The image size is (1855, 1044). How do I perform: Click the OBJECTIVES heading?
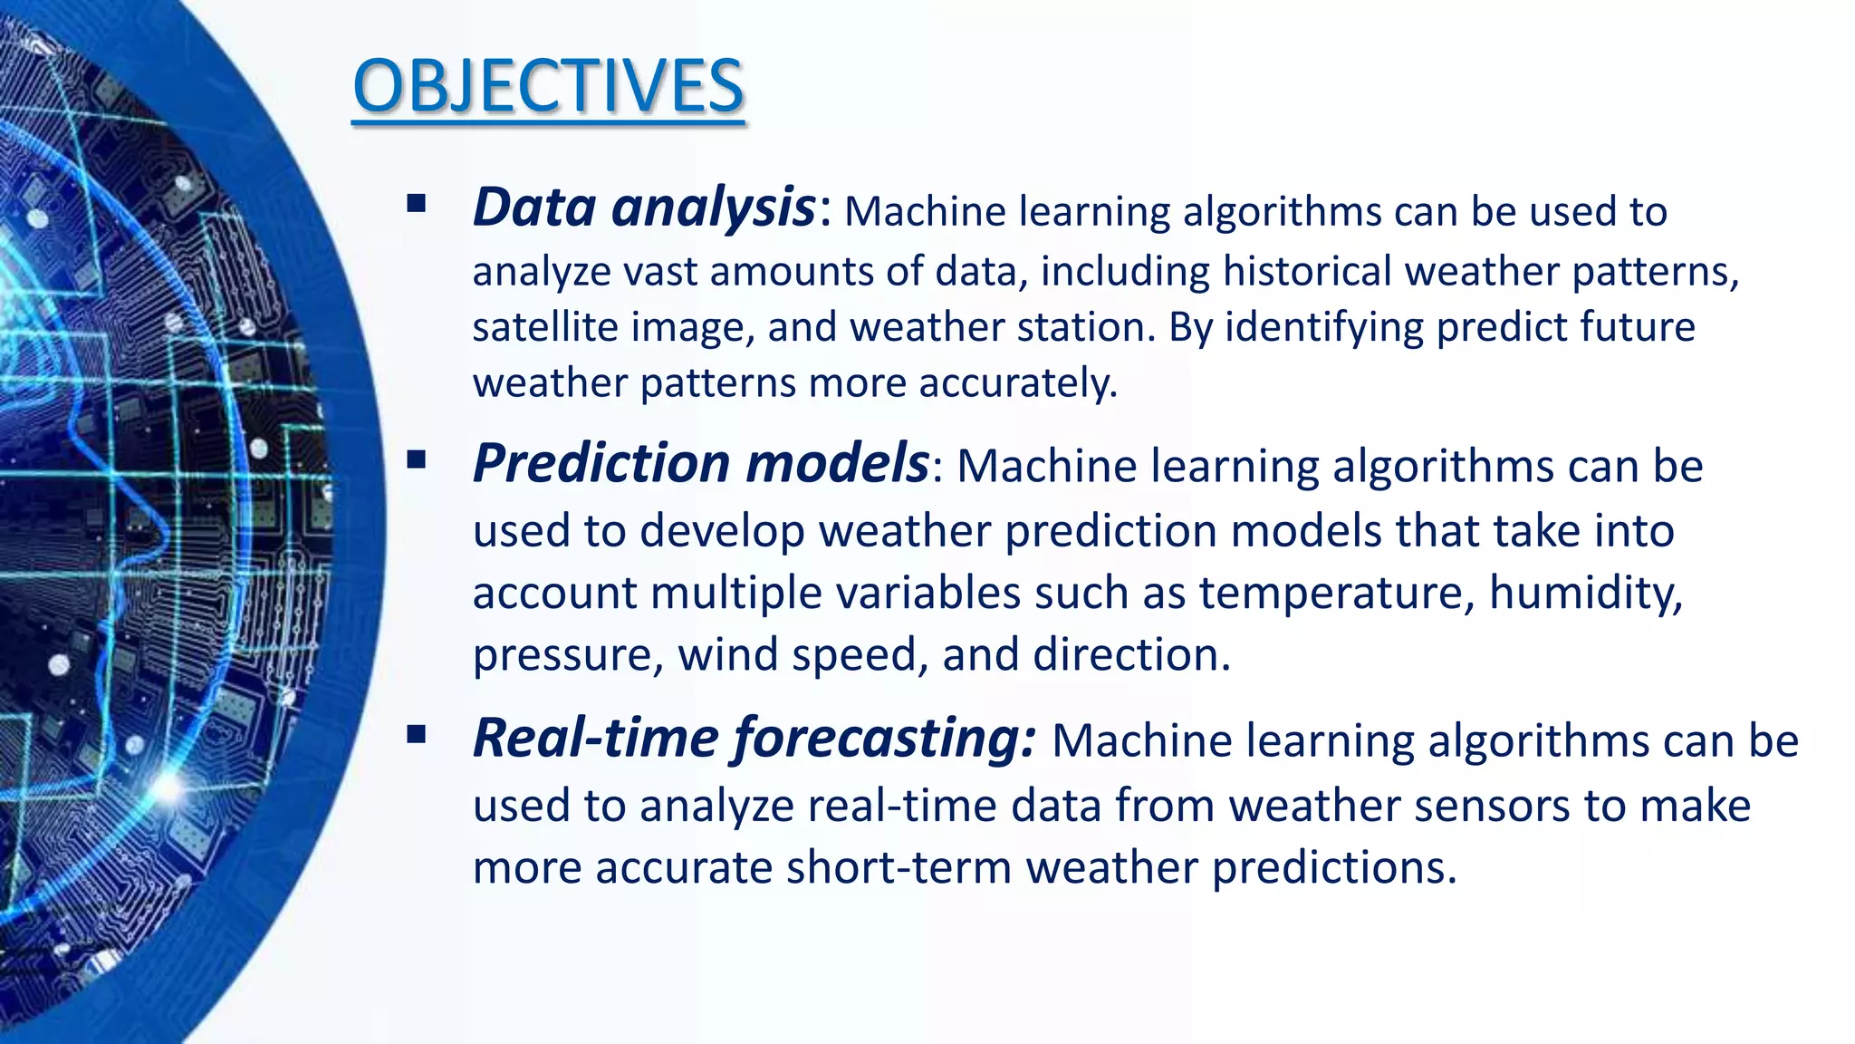click(548, 87)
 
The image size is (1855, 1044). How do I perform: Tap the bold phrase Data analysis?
click(644, 208)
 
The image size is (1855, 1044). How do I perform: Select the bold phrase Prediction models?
click(700, 463)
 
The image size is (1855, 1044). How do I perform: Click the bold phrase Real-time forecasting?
click(754, 738)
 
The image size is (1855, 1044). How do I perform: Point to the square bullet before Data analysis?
click(417, 203)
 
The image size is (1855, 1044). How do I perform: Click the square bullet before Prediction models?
click(417, 459)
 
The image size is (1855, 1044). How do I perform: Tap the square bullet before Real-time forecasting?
click(417, 734)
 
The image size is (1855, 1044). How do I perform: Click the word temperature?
click(1331, 594)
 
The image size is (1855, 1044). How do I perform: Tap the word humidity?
click(1585, 594)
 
